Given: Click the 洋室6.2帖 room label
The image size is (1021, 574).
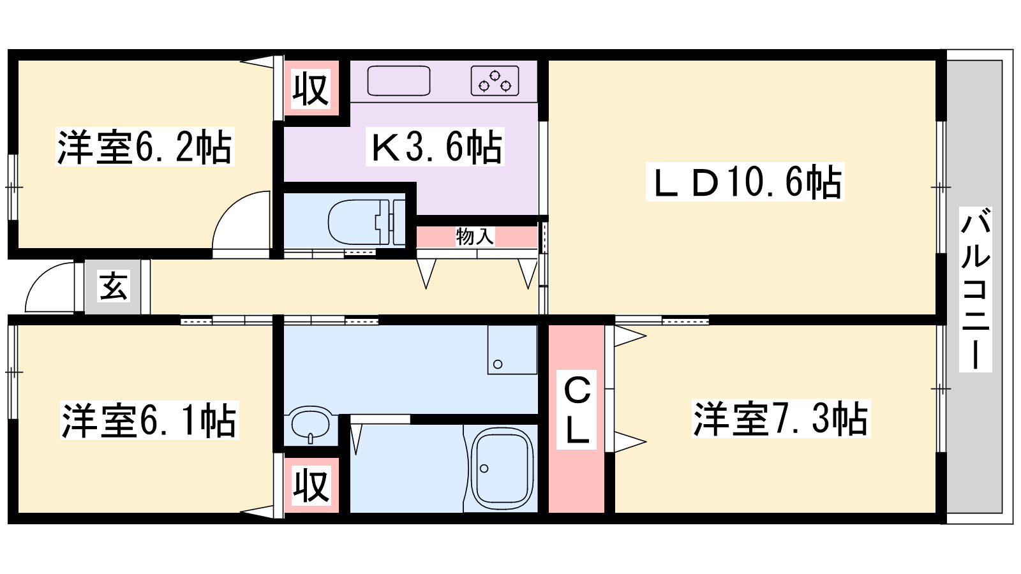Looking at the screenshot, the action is click(x=145, y=147).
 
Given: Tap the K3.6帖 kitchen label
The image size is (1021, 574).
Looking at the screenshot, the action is click(x=435, y=147).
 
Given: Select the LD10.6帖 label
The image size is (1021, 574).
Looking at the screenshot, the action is click(x=745, y=182).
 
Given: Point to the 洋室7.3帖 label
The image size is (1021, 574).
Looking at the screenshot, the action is click(x=781, y=418).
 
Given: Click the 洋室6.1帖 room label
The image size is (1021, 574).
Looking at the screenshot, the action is click(x=149, y=420).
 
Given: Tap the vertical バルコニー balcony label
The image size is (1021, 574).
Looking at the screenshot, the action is click(x=976, y=290).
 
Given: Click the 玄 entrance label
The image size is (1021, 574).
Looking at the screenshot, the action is click(x=113, y=286).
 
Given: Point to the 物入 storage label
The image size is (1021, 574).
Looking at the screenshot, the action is click(x=475, y=237).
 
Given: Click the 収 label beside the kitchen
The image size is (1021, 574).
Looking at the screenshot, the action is click(x=310, y=89).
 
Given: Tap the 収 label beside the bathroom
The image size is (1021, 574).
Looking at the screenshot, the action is click(x=311, y=485).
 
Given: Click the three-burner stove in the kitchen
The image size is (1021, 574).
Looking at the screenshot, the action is click(x=495, y=81).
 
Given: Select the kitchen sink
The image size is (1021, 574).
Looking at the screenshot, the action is click(x=399, y=81).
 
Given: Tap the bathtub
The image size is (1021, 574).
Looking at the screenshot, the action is click(x=502, y=468).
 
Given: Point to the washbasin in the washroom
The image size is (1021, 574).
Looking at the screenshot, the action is click(x=310, y=423).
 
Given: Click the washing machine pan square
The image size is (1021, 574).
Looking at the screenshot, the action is click(x=512, y=350).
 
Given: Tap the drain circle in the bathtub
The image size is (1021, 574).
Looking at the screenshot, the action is click(x=484, y=468).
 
